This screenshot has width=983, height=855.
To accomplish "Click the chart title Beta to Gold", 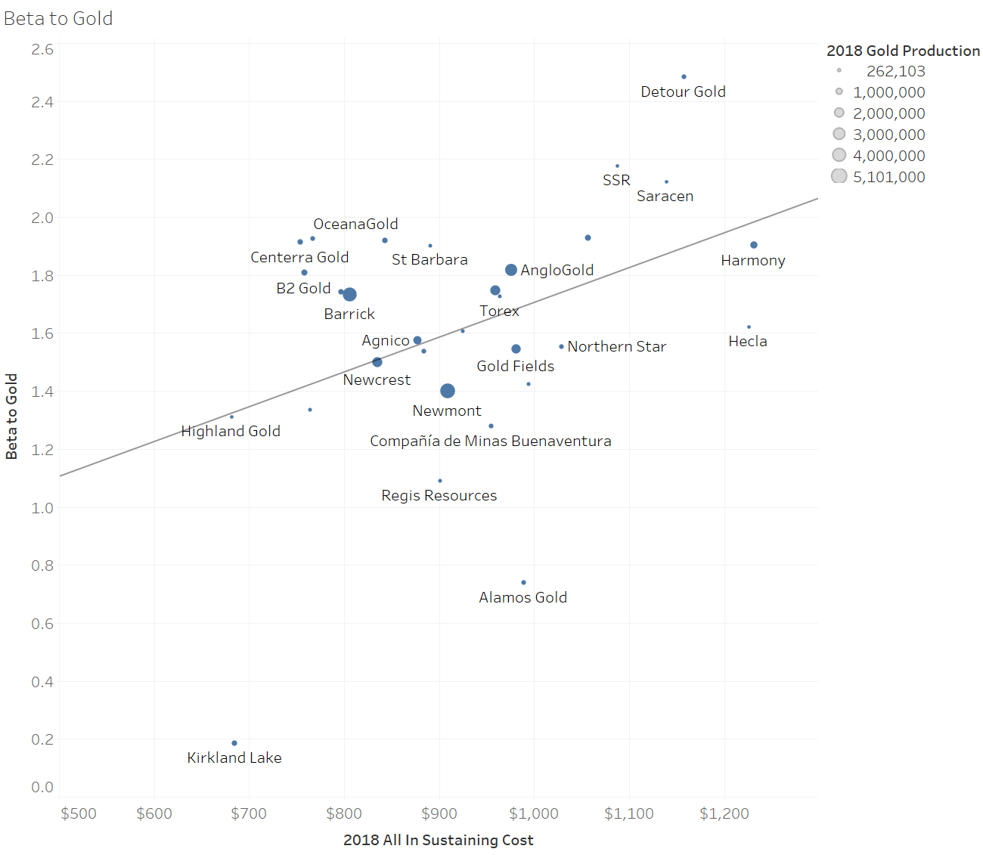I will tap(58, 19).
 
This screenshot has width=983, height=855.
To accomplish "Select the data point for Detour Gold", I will tap(684, 77).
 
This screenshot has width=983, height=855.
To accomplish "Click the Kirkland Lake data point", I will tap(234, 743).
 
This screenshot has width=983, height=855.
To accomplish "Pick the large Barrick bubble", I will tap(349, 294).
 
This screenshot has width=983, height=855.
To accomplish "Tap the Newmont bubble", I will tap(448, 391).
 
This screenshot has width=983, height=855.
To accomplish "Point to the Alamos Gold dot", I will tap(523, 583).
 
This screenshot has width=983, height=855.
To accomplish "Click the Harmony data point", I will tap(754, 245).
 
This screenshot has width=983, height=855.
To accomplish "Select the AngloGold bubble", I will tap(511, 270).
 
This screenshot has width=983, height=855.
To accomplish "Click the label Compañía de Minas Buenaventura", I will tap(490, 441).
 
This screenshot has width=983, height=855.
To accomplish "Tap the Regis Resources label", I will tap(439, 496).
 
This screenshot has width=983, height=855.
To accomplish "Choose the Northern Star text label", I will tap(616, 346).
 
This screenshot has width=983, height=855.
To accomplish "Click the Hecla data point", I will tap(749, 327).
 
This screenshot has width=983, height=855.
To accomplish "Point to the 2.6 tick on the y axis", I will tap(42, 49).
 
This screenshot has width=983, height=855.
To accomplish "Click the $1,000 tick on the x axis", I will tap(534, 813).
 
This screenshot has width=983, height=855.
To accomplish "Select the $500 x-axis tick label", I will tap(79, 813).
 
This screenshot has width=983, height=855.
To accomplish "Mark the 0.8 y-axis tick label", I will tap(42, 565).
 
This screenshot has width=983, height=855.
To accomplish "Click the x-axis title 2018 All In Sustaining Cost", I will tap(438, 840).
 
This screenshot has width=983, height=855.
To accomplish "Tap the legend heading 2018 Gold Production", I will tap(903, 51).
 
